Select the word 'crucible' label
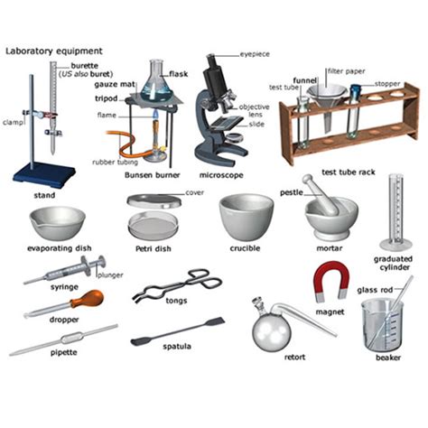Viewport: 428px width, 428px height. [x=246, y=248]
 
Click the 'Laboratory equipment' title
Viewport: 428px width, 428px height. [x=53, y=51]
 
